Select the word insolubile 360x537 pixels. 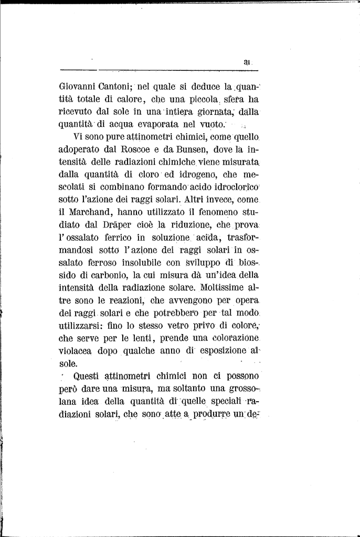(x=133, y=262)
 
